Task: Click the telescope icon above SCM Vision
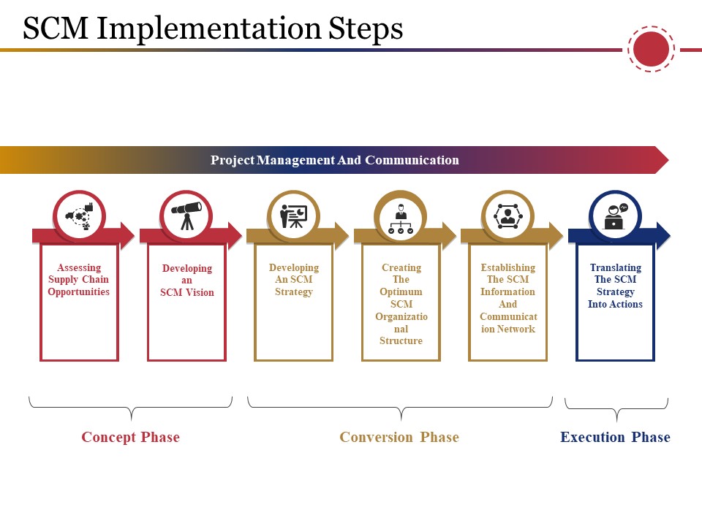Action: click(186, 216)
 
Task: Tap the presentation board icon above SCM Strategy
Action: click(294, 216)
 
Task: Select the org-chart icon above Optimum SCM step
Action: click(401, 218)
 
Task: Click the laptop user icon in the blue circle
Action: click(616, 216)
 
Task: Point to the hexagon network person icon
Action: click(507, 216)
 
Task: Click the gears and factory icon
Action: click(79, 216)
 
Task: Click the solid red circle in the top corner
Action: click(651, 49)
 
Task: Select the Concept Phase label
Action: click(131, 437)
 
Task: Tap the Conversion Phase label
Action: click(399, 437)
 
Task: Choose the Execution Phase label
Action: click(615, 437)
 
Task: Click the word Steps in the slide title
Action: click(366, 28)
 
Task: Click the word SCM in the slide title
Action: click(56, 28)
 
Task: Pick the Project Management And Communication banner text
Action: click(335, 160)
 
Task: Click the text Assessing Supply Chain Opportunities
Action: click(79, 280)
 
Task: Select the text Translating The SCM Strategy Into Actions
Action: click(615, 286)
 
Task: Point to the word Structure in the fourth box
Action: click(401, 340)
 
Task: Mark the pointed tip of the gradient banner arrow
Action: click(668, 160)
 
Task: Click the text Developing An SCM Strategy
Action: click(294, 280)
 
